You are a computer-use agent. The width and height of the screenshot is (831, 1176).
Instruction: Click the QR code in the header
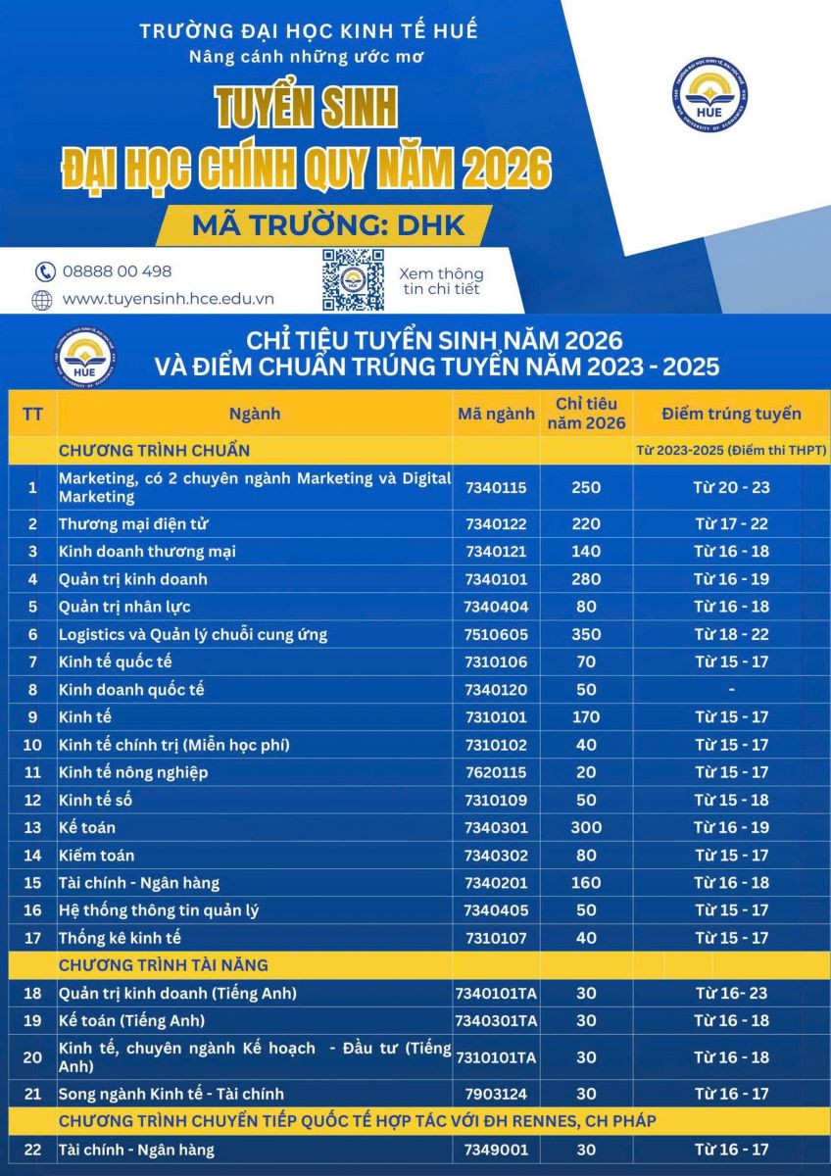pyautogui.click(x=353, y=279)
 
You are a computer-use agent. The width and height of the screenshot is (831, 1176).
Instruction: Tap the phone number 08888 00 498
pyautogui.click(x=117, y=271)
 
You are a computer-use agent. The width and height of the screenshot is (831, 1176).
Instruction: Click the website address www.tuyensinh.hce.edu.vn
pyautogui.click(x=168, y=299)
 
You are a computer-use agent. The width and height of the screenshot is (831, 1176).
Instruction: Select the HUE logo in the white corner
pyautogui.click(x=709, y=95)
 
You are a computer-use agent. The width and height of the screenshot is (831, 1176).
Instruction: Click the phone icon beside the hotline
pyautogui.click(x=44, y=272)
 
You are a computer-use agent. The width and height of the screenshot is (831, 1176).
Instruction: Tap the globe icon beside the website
pyautogui.click(x=42, y=300)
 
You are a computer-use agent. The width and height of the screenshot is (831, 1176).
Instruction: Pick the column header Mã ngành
pyautogui.click(x=496, y=414)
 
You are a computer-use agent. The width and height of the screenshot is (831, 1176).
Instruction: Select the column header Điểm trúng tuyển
pyautogui.click(x=731, y=414)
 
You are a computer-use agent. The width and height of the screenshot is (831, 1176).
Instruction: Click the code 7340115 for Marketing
pyautogui.click(x=496, y=487)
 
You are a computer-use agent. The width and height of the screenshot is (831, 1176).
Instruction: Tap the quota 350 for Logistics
pyautogui.click(x=586, y=634)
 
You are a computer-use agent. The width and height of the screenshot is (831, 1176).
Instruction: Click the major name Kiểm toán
pyautogui.click(x=96, y=856)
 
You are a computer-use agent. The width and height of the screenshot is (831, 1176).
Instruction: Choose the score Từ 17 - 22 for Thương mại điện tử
pyautogui.click(x=731, y=523)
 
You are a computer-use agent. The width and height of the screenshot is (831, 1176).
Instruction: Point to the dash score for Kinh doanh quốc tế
pyautogui.click(x=731, y=689)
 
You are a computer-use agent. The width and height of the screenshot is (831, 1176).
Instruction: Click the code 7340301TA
pyautogui.click(x=496, y=1020)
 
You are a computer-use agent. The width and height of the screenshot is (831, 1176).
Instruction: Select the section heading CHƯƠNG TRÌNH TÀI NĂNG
pyautogui.click(x=163, y=965)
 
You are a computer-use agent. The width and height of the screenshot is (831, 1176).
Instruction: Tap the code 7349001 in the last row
pyautogui.click(x=496, y=1150)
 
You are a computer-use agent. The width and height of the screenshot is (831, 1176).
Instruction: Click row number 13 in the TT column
pyautogui.click(x=32, y=828)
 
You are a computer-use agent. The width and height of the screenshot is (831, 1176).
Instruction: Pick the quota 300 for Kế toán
pyautogui.click(x=586, y=828)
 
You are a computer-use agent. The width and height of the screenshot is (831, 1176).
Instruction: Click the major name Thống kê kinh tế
pyautogui.click(x=120, y=938)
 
